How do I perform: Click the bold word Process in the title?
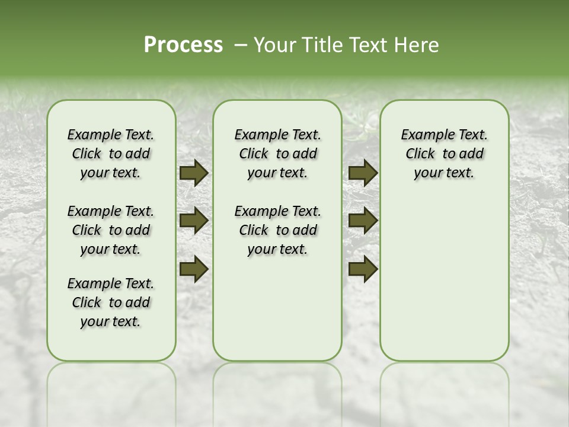[x=183, y=45]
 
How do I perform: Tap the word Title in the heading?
[x=321, y=45]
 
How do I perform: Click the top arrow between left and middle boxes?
[x=193, y=173]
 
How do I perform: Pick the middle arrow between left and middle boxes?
[x=193, y=221]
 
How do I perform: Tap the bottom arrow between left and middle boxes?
[x=193, y=269]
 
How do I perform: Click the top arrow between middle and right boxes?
[x=363, y=173]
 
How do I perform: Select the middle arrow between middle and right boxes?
[x=363, y=221]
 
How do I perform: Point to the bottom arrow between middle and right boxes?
[x=363, y=269]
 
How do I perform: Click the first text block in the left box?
[x=111, y=154]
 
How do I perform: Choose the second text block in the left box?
[x=111, y=230]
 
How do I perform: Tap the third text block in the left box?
[x=111, y=302]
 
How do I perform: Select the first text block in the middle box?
[x=277, y=154]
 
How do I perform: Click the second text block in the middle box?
[x=277, y=230]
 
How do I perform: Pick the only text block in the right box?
[x=444, y=154]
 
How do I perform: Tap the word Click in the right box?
[x=420, y=154]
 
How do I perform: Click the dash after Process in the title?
[x=241, y=45]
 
